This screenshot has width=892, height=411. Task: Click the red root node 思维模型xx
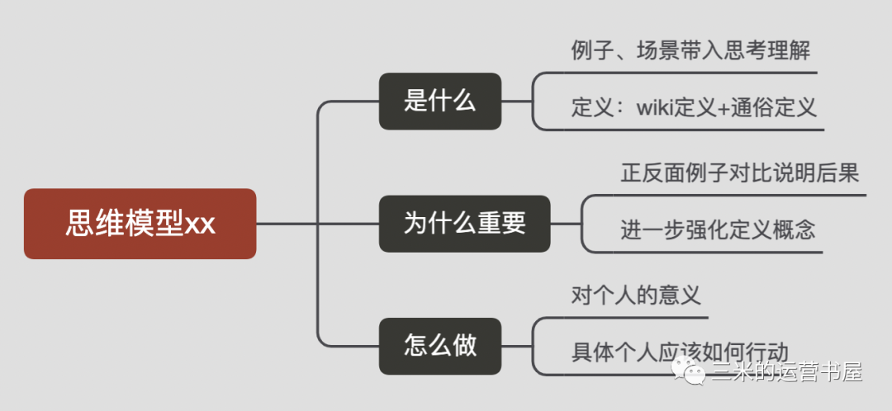point(140,224)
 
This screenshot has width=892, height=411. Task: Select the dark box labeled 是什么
point(440,102)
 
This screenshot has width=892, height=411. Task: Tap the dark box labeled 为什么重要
point(464,224)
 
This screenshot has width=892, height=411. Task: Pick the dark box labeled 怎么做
point(440,345)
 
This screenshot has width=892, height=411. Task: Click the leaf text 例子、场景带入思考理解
point(690,51)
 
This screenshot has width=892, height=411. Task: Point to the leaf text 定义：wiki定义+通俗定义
point(694,107)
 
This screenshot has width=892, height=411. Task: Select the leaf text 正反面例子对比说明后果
point(740,173)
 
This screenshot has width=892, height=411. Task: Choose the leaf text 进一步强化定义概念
point(718,229)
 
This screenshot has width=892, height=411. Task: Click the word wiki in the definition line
point(654,108)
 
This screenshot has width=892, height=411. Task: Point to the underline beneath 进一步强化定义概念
point(719,252)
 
